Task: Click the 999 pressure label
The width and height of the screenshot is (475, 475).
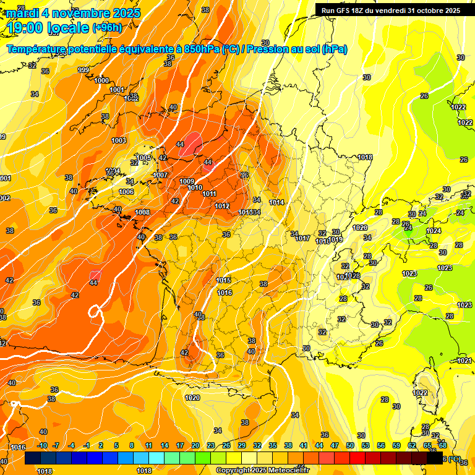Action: (83, 70)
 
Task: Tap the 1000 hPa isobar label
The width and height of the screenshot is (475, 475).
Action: (102, 80)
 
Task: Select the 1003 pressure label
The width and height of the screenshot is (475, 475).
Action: (119, 140)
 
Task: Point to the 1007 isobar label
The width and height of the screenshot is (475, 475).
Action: (160, 175)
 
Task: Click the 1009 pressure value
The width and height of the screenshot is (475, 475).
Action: (187, 181)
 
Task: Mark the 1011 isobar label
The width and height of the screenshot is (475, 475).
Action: (209, 194)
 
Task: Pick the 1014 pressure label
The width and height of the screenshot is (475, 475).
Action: (276, 202)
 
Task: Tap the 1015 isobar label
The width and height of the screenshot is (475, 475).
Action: (224, 281)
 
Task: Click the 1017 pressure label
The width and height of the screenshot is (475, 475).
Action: (302, 238)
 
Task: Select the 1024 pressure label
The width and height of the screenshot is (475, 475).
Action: (434, 231)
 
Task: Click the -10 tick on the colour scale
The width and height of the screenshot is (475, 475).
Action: (42, 445)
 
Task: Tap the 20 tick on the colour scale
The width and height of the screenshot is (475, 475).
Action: (195, 445)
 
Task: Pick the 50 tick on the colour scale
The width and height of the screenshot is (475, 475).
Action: (350, 445)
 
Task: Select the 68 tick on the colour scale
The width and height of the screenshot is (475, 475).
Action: (442, 445)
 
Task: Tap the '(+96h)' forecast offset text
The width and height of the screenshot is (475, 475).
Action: (107, 27)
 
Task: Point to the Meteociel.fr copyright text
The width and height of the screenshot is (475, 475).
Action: (262, 470)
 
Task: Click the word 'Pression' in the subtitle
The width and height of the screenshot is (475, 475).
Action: (267, 49)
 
